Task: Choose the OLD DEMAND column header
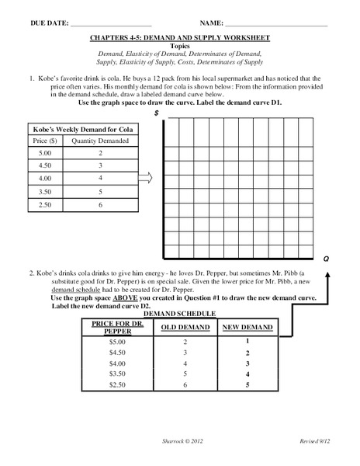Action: [x=185, y=327]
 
